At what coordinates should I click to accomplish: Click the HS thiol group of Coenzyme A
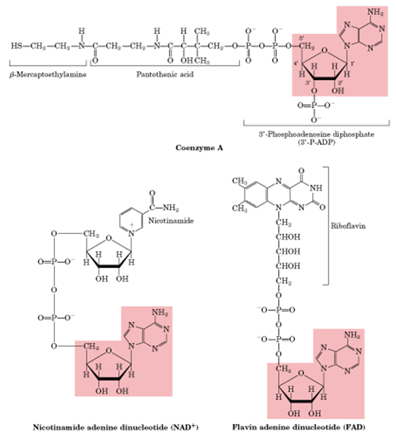pos(16,45)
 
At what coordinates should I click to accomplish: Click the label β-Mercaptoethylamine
pos(48,75)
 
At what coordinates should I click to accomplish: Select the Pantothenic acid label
pos(165,74)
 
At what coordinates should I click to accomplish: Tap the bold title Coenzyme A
pos(199,148)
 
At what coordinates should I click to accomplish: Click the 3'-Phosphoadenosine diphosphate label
pos(317,134)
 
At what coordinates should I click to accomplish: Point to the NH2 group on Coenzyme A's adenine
pos(375,12)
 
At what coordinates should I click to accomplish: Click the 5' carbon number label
pos(302,38)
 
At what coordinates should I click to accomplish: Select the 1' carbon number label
pos(352,64)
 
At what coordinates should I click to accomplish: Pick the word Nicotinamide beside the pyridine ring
pos(170,221)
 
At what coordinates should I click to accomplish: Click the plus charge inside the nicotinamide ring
pos(132,225)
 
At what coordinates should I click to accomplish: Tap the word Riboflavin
pos(348,226)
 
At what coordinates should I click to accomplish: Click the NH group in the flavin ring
pos(316,188)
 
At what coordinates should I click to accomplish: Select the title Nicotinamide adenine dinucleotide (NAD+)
pos(115,428)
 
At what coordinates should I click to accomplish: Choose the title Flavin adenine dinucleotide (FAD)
pos(298,427)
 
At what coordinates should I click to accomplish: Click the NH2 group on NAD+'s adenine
pos(160,313)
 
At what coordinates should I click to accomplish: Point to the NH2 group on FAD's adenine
pos(352,335)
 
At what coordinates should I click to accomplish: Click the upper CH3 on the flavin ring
pos(239,181)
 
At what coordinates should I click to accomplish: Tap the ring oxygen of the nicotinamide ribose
pos(109,239)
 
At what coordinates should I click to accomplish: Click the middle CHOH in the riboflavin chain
pos(288,251)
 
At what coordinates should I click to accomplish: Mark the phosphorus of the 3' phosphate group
pos(313,106)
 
